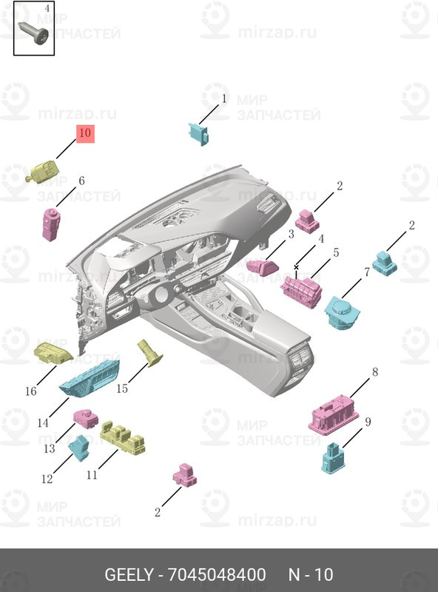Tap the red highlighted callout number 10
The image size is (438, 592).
(85, 133)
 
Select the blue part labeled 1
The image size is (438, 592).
(198, 134)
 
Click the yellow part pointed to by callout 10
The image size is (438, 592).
(42, 172)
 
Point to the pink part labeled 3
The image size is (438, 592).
(263, 266)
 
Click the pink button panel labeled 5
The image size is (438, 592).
(301, 292)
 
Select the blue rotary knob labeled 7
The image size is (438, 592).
(342, 312)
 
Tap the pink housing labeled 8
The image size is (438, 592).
(334, 415)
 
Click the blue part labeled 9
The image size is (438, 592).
(333, 458)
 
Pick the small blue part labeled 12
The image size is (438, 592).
(80, 448)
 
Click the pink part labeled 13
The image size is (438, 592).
(86, 418)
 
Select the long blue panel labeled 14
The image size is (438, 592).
(90, 379)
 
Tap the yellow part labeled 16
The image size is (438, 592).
(53, 353)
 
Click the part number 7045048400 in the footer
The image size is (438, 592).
(217, 575)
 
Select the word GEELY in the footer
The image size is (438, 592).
(129, 575)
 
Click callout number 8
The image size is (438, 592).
(375, 372)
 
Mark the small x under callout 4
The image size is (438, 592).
(296, 267)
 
